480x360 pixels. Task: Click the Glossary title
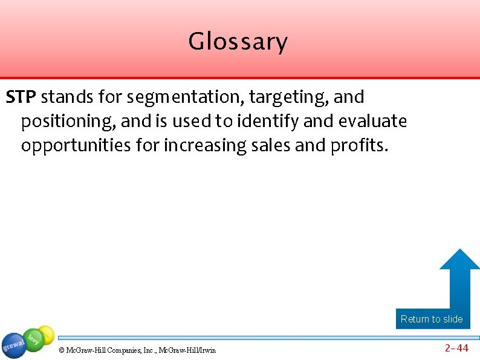(x=238, y=42)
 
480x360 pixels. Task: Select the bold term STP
(x=22, y=97)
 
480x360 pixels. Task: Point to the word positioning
(x=68, y=122)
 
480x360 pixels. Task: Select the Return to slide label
(x=432, y=319)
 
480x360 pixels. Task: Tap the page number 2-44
(x=456, y=348)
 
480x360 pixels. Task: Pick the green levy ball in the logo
(x=33, y=340)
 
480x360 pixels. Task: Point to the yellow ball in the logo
(x=46, y=333)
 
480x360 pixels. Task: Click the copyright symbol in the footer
(x=61, y=350)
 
